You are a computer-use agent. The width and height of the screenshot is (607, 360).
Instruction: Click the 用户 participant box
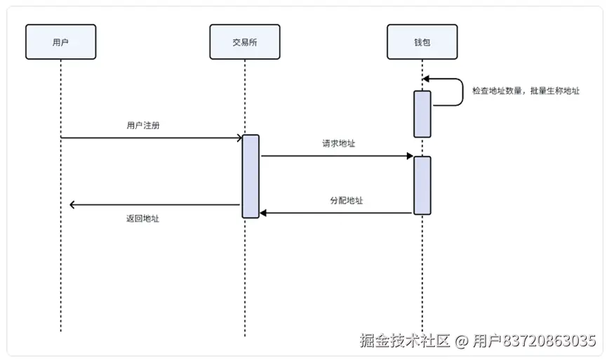click(x=61, y=42)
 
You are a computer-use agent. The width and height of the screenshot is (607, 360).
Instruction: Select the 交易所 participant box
click(x=245, y=42)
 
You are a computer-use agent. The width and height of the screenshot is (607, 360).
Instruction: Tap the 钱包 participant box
click(x=422, y=42)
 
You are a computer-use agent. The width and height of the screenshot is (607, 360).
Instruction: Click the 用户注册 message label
click(x=143, y=126)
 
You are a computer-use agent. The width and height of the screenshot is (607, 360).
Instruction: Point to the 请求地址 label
click(x=338, y=144)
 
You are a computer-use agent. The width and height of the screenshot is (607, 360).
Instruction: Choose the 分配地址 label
click(x=347, y=201)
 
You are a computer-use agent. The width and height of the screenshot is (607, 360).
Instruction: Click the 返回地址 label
click(x=142, y=219)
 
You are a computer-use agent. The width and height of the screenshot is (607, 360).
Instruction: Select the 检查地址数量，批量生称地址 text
click(x=526, y=91)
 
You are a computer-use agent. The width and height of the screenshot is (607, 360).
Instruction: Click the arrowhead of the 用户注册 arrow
click(x=239, y=138)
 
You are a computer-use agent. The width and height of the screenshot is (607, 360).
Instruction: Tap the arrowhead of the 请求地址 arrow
click(x=410, y=156)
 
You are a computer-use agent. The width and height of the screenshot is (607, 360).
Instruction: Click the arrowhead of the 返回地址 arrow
click(x=72, y=205)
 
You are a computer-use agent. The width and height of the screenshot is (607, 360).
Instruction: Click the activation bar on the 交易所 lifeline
click(x=251, y=177)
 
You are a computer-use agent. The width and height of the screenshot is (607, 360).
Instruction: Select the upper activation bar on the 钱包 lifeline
click(x=422, y=114)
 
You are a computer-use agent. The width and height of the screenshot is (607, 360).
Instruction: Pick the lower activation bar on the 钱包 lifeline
click(x=422, y=185)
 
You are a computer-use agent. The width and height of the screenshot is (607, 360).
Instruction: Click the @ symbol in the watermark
click(x=462, y=341)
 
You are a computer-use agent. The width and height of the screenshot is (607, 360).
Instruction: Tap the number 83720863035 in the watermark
click(x=549, y=341)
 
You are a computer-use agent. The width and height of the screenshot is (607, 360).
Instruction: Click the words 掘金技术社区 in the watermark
click(x=405, y=340)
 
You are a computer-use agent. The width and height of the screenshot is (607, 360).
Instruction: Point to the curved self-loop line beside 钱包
click(x=463, y=92)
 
